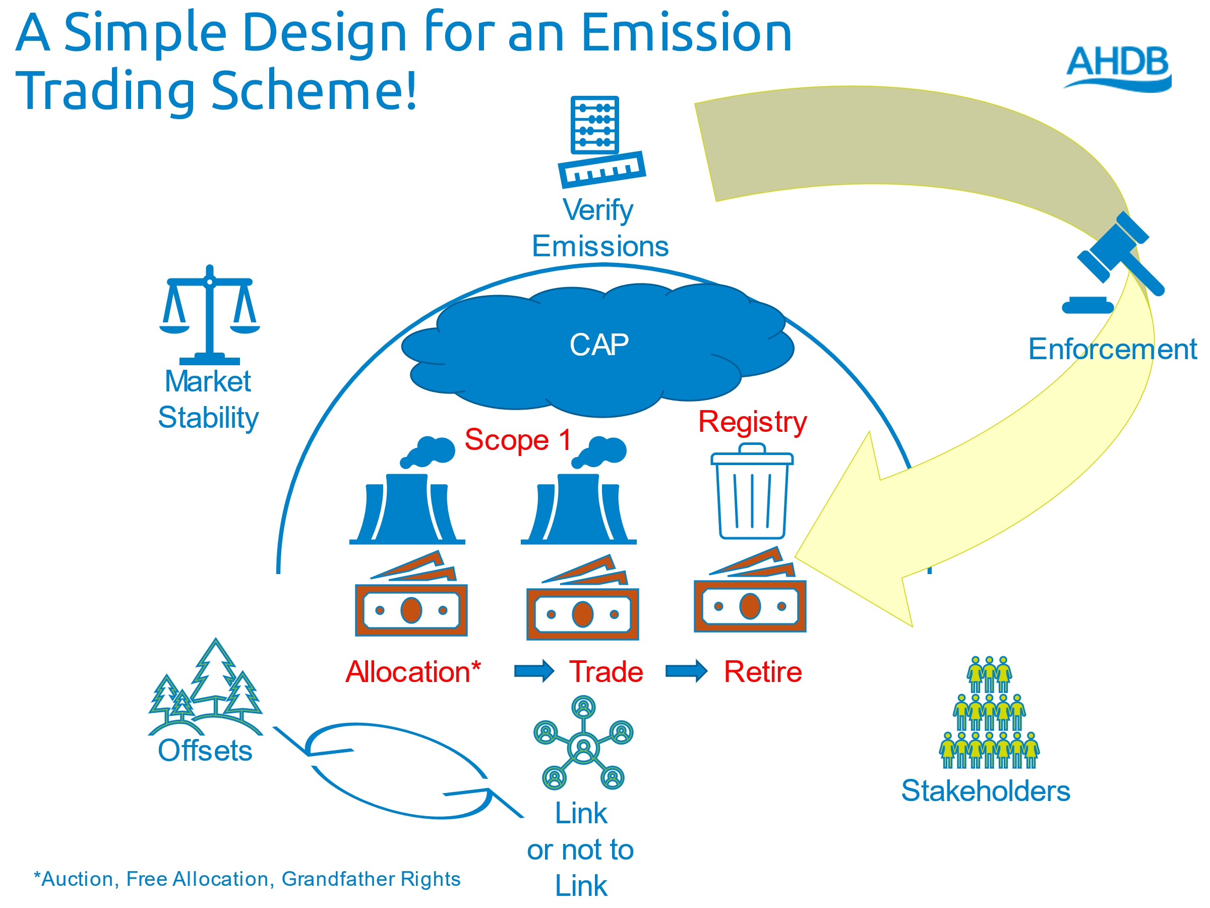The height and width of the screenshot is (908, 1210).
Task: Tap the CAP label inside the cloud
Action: click(x=599, y=345)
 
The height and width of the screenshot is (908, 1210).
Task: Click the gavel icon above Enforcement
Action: click(x=1113, y=263)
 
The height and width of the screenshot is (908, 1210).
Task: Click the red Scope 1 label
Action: click(x=517, y=439)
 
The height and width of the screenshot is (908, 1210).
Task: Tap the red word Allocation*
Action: click(x=413, y=671)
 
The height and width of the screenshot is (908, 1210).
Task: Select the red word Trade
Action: click(x=606, y=671)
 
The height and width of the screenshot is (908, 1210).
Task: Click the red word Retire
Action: click(x=762, y=671)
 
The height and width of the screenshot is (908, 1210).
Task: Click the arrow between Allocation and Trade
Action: click(x=534, y=670)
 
